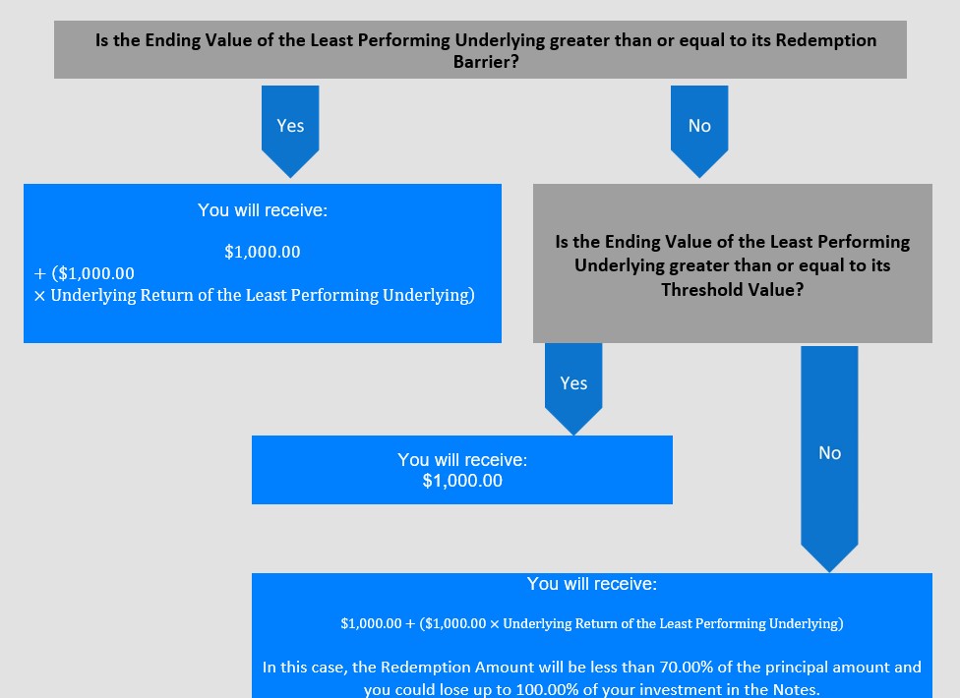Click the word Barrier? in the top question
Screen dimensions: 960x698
tap(486, 62)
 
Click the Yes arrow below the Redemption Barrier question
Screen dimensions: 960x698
tap(290, 132)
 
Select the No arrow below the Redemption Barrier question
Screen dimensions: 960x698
tap(699, 132)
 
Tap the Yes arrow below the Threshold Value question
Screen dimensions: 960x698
tap(573, 389)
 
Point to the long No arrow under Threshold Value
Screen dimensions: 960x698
tap(829, 459)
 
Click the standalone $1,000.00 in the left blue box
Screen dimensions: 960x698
tap(263, 252)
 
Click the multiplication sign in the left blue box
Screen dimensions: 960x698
tap(39, 296)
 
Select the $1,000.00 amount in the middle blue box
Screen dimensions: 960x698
tap(462, 481)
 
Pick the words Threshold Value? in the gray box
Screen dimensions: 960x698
tap(732, 289)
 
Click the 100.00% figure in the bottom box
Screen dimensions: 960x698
tap(547, 689)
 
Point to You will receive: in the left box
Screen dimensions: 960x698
tap(263, 210)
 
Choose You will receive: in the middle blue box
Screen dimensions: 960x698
tap(462, 459)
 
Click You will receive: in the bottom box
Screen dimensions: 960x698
tap(592, 584)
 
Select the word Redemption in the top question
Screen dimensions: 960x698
tap(826, 40)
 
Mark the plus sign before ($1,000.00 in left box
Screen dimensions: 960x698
tap(40, 273)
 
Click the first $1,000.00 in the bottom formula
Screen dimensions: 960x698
tap(371, 623)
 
